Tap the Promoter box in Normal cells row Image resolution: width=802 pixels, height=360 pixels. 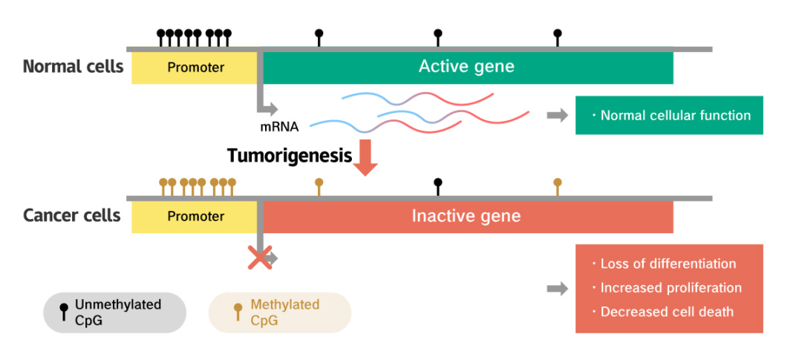(x=195, y=68)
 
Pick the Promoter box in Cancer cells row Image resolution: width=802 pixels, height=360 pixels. (x=195, y=217)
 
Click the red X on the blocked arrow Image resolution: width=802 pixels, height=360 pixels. (x=259, y=258)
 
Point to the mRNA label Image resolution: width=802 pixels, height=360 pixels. (x=279, y=126)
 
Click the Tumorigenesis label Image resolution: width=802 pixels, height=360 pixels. (x=290, y=156)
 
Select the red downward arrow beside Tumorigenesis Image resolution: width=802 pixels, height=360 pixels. (x=365, y=157)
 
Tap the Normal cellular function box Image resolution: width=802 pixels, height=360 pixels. (x=669, y=115)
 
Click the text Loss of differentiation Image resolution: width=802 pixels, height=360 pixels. (x=668, y=264)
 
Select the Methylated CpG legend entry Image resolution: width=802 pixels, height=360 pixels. (x=280, y=312)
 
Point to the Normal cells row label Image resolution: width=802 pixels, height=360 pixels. (x=73, y=67)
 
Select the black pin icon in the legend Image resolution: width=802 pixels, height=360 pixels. (x=64, y=310)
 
